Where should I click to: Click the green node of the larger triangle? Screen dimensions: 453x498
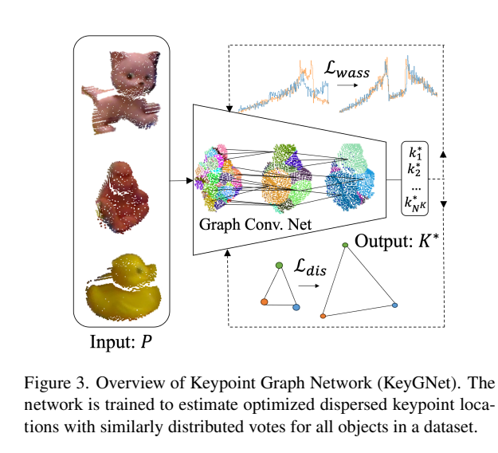(x=344, y=245)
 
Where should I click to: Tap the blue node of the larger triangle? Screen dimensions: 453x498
(x=394, y=305)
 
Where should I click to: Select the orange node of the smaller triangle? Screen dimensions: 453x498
(x=263, y=301)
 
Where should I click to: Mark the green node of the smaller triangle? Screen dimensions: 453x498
(x=279, y=264)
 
